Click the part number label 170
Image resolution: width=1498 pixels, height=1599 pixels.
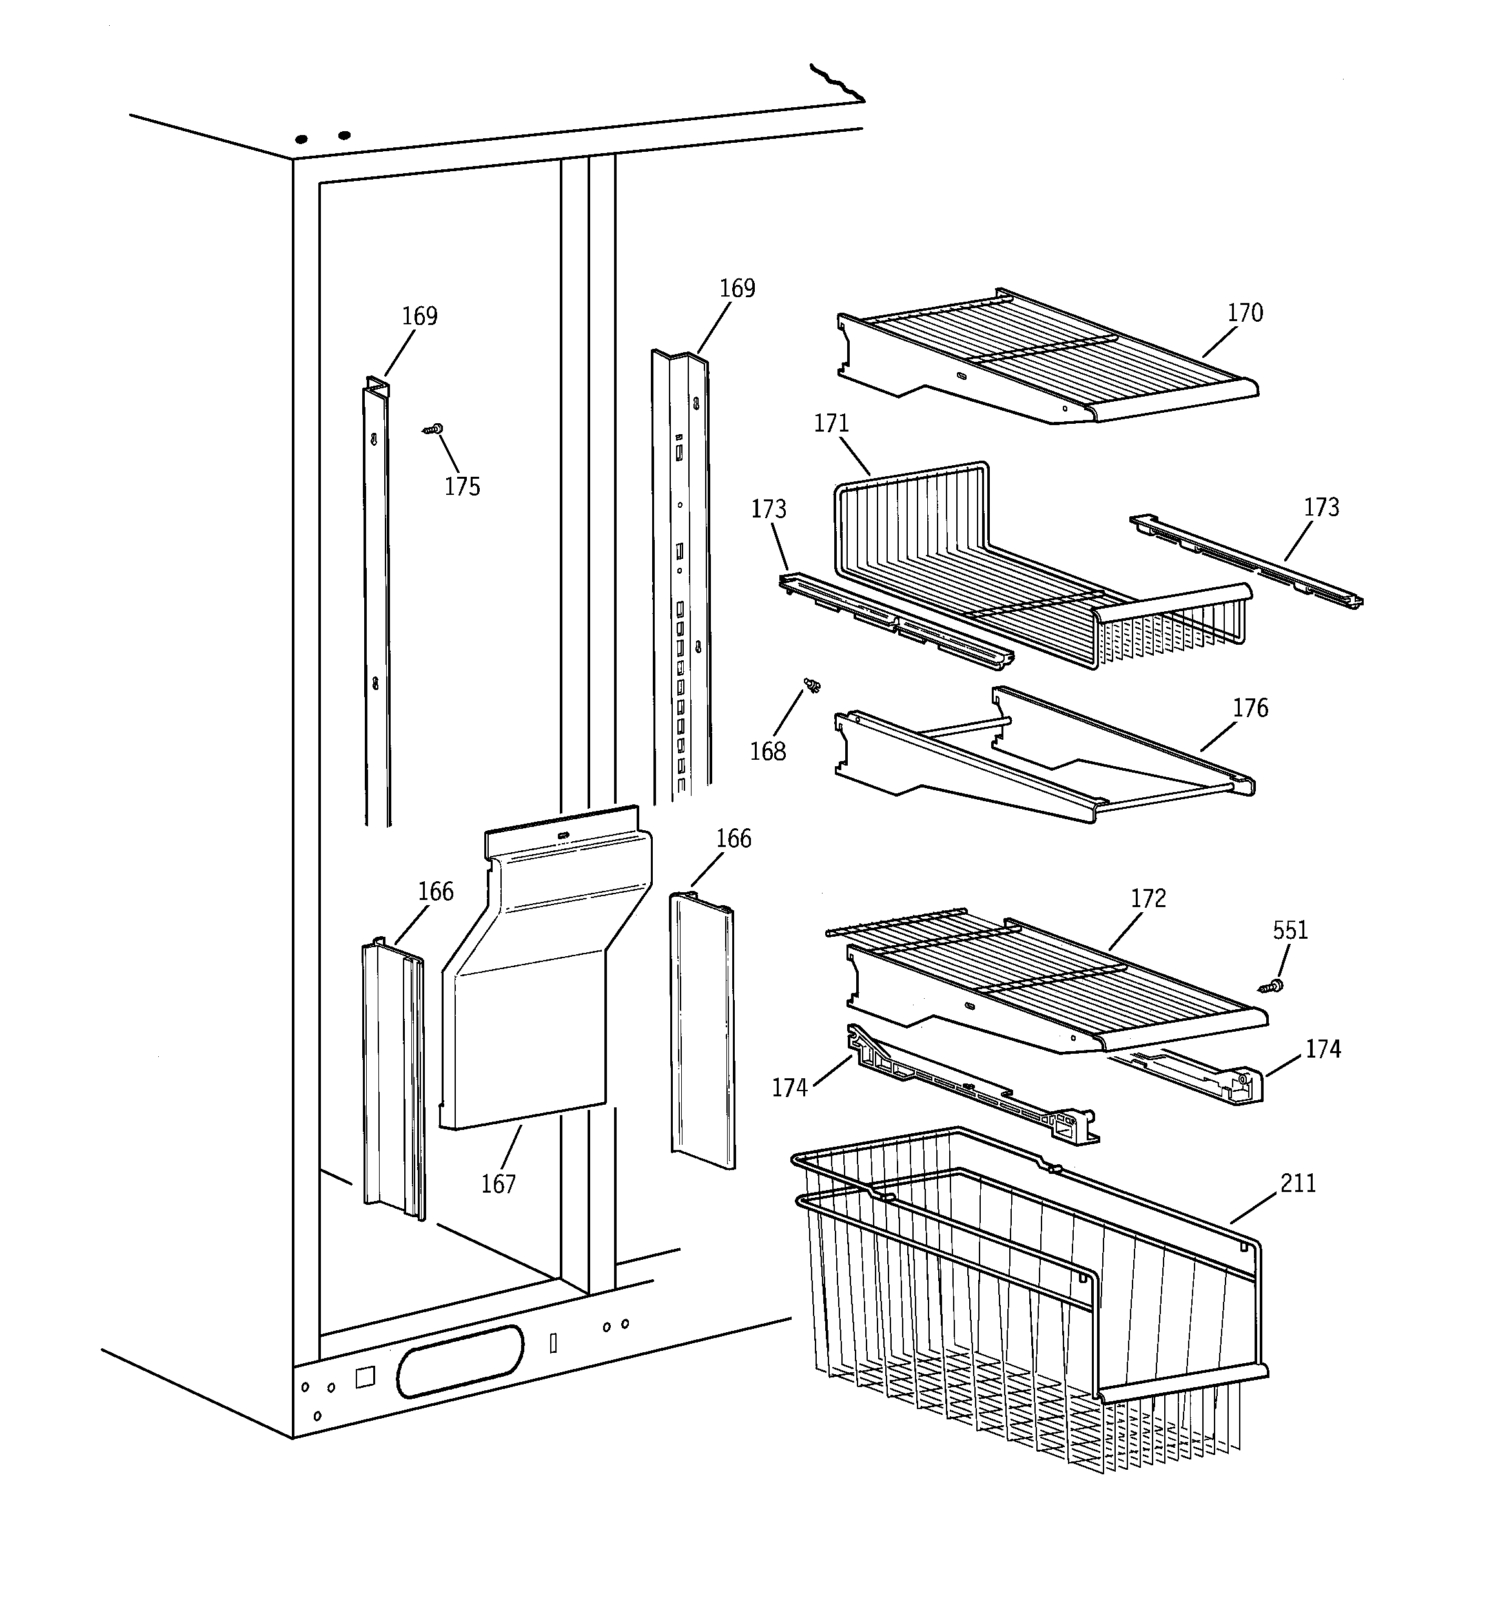coord(1245,313)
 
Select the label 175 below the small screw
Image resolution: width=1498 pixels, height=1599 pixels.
coord(462,486)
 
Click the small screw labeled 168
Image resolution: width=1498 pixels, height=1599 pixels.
coord(814,685)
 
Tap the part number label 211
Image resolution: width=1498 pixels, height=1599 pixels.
coord(1298,1183)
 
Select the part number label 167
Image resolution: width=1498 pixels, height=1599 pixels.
coord(498,1184)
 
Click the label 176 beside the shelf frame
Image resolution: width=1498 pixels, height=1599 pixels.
coord(1250,709)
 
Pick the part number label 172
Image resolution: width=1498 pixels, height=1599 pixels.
coord(1147,899)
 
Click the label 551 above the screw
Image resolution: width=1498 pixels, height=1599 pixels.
coord(1289,930)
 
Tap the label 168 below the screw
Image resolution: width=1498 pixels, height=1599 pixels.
coord(767,751)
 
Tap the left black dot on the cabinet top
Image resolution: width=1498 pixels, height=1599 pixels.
coord(302,139)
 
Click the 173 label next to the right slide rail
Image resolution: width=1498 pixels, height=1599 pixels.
coord(1321,508)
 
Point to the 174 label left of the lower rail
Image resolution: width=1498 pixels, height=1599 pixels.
coord(789,1088)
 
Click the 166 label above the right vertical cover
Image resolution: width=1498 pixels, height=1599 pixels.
coord(734,839)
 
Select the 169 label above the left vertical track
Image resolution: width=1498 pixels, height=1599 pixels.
coord(419,316)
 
